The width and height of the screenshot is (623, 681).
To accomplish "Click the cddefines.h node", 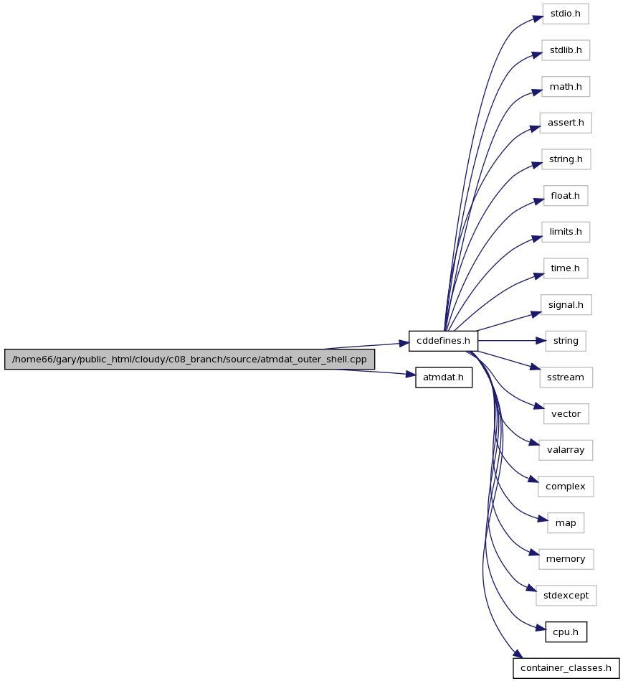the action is tap(443, 341).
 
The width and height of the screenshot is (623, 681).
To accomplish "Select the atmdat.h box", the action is tap(443, 377).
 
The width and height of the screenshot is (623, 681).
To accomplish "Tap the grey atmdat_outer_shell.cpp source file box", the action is tap(189, 360).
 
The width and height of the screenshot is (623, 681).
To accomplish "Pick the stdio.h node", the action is tap(566, 14).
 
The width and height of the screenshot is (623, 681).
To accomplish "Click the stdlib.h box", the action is tap(566, 50).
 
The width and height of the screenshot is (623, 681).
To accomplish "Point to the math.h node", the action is tap(566, 87).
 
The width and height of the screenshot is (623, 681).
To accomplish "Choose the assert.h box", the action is tap(566, 123).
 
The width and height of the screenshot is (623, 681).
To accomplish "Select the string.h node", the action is tap(566, 159).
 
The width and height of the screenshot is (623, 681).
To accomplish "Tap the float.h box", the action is tap(566, 196).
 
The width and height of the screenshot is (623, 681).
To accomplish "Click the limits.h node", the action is tap(566, 232).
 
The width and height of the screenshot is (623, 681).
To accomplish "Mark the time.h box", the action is tap(566, 268).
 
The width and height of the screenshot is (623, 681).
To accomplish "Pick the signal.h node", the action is tap(566, 305).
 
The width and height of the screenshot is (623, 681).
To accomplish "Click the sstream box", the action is tap(566, 377).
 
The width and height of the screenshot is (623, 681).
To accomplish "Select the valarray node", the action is tap(566, 450).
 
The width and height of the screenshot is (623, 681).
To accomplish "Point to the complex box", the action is tap(566, 487).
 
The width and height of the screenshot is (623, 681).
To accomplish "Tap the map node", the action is tap(566, 523).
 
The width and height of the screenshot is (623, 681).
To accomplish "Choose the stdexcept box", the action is tap(566, 596).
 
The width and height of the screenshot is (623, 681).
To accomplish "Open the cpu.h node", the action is tap(566, 632).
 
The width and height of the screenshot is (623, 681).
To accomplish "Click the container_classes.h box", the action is tap(566, 668).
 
